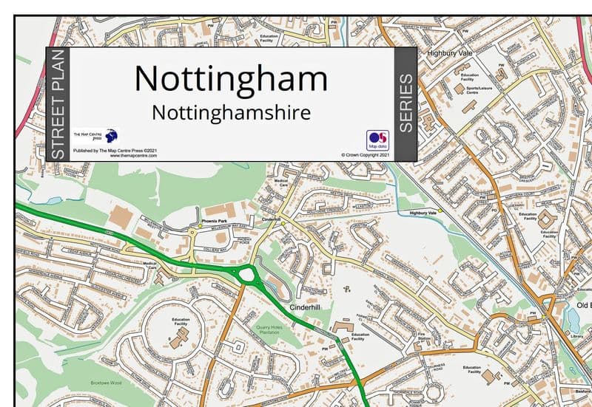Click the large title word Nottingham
pyautogui.click(x=232, y=79)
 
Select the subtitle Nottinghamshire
pyautogui.click(x=231, y=112)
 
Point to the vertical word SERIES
pyautogui.click(x=406, y=103)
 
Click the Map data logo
pyautogui.click(x=377, y=140)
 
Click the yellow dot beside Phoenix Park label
pyautogui.click(x=192, y=230)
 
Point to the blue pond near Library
pyautogui.click(x=571, y=318)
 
